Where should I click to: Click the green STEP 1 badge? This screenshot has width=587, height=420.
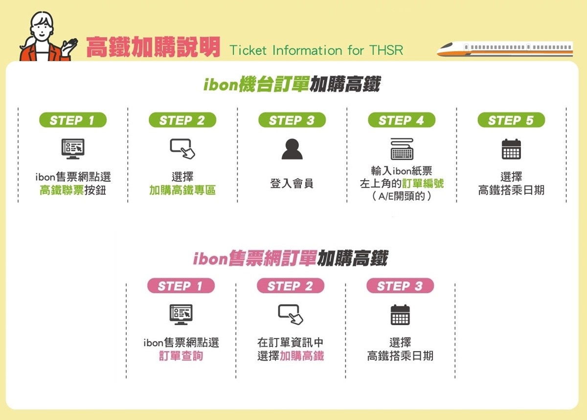[x=73, y=120]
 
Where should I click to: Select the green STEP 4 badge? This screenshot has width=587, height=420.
[x=402, y=120]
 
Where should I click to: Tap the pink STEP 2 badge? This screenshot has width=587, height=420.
[x=291, y=286]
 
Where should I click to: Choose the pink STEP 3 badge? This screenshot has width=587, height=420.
[x=400, y=286]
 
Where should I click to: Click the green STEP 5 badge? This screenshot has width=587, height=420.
[x=511, y=120]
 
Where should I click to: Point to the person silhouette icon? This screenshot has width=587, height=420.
[x=292, y=149]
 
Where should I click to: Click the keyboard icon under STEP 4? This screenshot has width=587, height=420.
[x=402, y=149]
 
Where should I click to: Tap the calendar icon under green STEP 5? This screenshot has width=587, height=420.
[x=511, y=149]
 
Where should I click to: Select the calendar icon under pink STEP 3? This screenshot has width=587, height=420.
[x=400, y=315]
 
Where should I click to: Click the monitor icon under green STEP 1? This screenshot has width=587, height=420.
[x=73, y=149]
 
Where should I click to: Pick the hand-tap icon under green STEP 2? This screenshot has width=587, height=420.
[x=182, y=149]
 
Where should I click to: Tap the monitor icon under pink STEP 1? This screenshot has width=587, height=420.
[x=181, y=314]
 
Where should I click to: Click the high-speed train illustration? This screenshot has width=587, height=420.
[x=505, y=49]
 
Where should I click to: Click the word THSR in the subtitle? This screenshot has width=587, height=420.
[x=386, y=50]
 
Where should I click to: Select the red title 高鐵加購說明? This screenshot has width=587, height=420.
[x=153, y=47]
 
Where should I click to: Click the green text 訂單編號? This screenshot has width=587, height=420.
[x=423, y=183]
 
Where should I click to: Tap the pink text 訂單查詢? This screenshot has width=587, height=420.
[x=181, y=356]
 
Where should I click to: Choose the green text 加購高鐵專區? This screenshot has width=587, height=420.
[x=182, y=190]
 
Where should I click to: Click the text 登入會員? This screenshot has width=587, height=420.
[x=292, y=183]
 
